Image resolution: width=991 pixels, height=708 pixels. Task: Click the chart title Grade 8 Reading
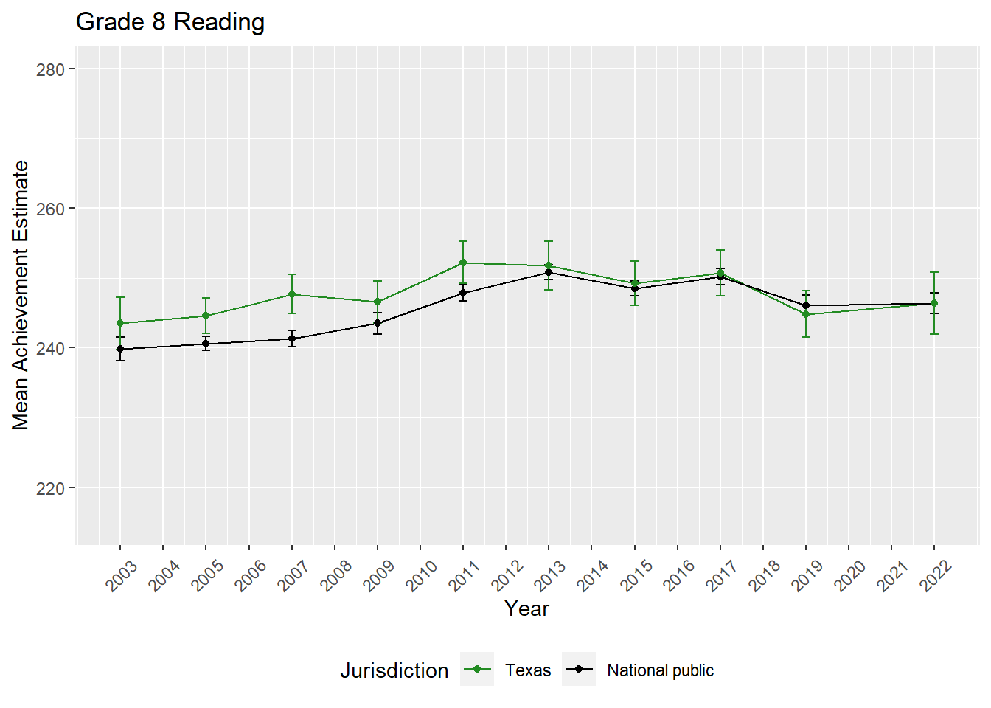coord(170,22)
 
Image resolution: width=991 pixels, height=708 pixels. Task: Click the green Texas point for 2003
coord(120,323)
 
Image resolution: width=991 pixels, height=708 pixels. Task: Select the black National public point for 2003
coord(120,349)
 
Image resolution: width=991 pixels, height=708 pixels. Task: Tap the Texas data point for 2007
coord(292,294)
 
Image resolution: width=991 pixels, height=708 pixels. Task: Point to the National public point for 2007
coord(292,339)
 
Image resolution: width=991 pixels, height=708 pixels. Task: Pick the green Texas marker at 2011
coord(463,263)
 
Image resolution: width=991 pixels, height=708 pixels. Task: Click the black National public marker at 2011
coord(463,293)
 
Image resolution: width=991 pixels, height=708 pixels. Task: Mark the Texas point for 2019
coord(806,314)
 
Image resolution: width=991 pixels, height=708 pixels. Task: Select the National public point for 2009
coord(378,323)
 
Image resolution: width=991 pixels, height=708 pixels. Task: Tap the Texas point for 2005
coord(206,316)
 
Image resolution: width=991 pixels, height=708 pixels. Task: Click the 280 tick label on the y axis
coord(50,69)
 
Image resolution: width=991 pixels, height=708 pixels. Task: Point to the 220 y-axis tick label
coord(50,488)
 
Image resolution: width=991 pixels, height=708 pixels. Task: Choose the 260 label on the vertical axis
coord(50,209)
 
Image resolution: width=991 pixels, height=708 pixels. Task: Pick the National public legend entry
coord(660,670)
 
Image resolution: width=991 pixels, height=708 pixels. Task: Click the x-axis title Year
coord(526,608)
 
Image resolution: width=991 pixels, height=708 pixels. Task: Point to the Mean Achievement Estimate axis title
coord(21,295)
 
